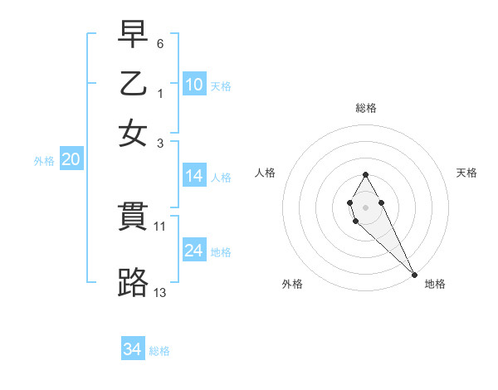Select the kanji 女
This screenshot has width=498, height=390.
click(x=133, y=133)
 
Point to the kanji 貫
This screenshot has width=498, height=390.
click(x=133, y=216)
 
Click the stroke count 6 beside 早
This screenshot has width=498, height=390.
click(x=160, y=42)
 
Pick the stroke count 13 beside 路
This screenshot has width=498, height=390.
click(x=160, y=292)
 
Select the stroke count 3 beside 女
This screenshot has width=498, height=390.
click(x=160, y=143)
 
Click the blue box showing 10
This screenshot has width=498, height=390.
click(x=194, y=85)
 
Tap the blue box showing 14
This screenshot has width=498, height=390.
click(x=194, y=176)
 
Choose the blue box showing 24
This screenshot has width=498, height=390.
click(x=194, y=251)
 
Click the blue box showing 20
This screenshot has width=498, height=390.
click(x=71, y=160)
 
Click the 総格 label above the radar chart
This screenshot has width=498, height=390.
click(x=366, y=108)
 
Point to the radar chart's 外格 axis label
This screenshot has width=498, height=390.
click(x=292, y=284)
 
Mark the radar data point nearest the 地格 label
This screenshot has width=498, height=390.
click(x=414, y=275)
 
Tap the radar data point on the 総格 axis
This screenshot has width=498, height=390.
click(x=365, y=174)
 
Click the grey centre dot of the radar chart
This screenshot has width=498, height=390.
click(x=365, y=207)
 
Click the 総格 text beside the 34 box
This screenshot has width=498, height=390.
click(x=160, y=351)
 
